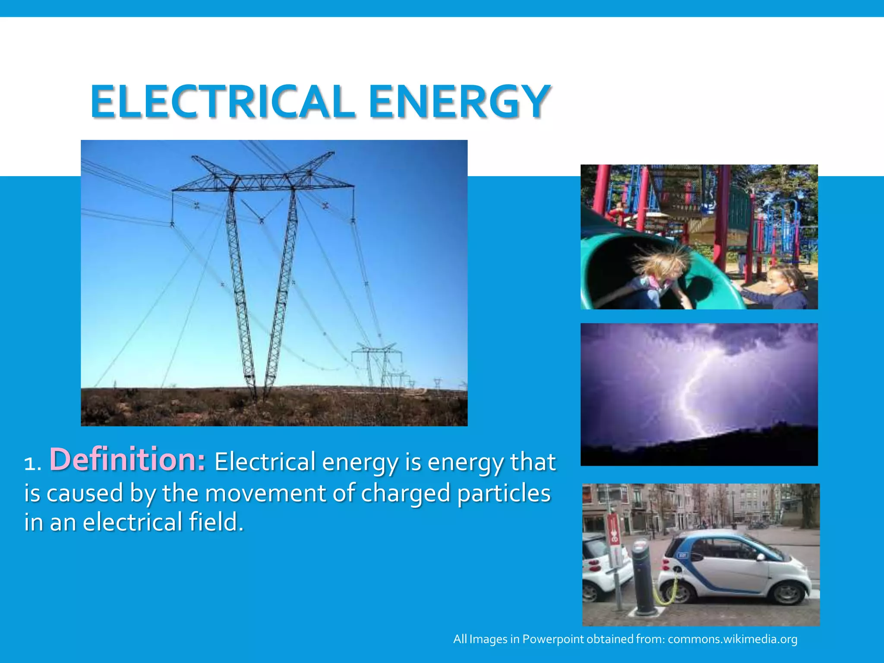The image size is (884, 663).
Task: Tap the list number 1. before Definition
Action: click(x=32, y=464)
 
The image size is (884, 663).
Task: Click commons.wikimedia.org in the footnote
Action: click(x=732, y=639)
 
